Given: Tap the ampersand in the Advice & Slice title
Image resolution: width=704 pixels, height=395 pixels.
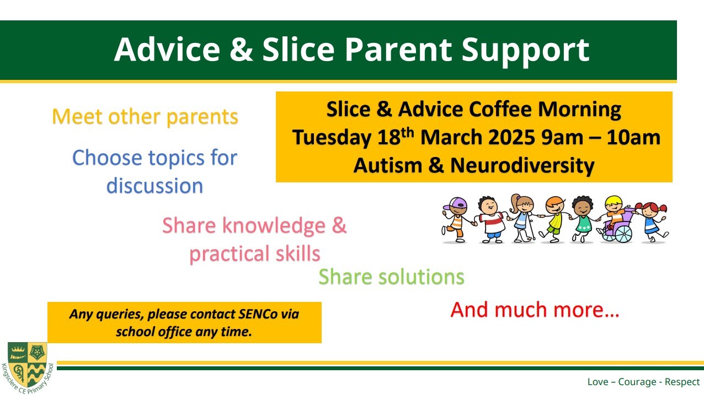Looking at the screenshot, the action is [x=241, y=50].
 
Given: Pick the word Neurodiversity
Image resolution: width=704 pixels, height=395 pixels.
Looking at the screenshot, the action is [x=522, y=166].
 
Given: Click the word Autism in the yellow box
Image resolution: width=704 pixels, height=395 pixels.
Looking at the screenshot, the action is [x=388, y=165].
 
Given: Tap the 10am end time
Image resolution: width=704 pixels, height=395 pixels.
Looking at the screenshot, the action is [x=633, y=137].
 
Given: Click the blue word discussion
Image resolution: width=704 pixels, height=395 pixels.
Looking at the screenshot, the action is [x=155, y=186].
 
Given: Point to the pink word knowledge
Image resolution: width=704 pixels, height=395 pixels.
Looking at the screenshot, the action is [x=274, y=226].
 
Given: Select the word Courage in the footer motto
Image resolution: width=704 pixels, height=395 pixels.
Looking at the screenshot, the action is [x=637, y=382].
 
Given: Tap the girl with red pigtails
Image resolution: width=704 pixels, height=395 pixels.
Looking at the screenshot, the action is [x=652, y=222].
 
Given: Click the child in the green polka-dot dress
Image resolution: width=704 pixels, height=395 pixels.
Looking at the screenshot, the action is [x=583, y=220].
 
